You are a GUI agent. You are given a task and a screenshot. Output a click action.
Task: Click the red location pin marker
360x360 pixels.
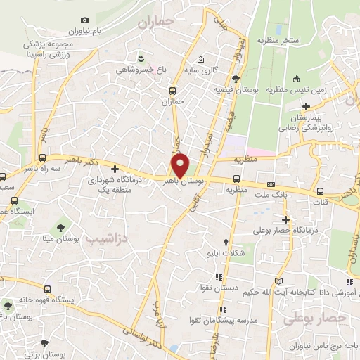click(x=181, y=164)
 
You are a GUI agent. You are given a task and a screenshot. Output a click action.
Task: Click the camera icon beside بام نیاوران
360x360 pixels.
click(x=85, y=20)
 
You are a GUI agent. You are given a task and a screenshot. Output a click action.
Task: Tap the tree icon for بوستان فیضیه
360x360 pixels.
click(x=236, y=79)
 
